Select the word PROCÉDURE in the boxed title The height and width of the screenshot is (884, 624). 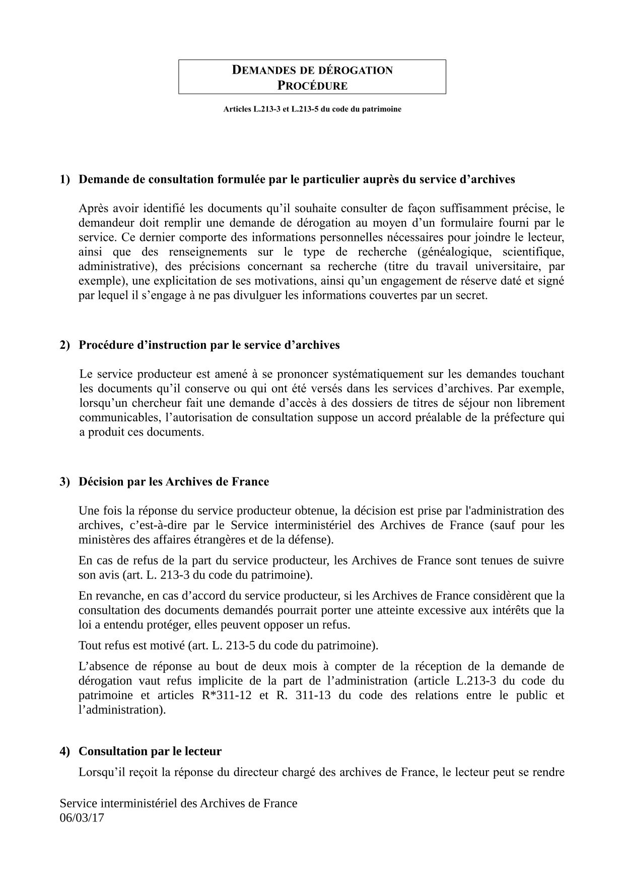[312, 86]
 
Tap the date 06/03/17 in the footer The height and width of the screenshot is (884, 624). [82, 817]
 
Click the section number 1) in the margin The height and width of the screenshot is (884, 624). [65, 179]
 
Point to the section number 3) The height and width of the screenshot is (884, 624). [65, 482]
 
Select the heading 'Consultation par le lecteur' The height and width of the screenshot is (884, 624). [150, 751]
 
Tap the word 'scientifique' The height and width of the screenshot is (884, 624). [534, 251]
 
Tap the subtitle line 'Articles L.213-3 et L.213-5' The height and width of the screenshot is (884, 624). [312, 109]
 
